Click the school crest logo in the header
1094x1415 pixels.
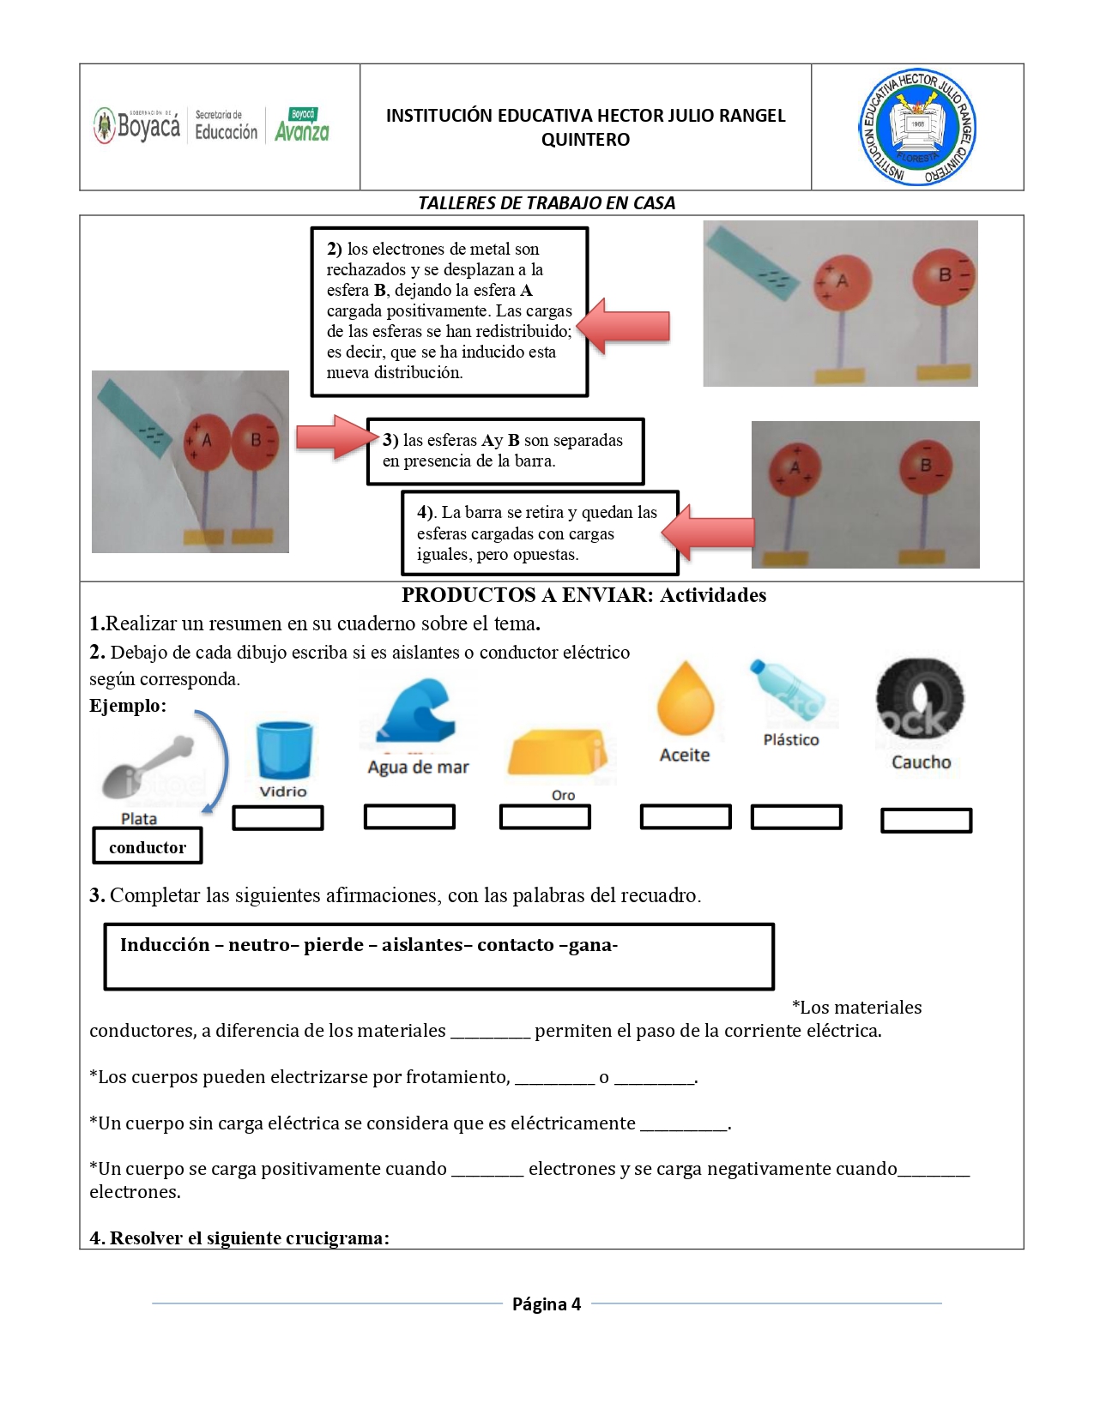(x=917, y=127)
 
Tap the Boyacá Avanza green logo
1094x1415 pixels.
(x=302, y=125)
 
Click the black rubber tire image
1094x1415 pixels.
(x=920, y=698)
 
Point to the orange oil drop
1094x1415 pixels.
(x=685, y=698)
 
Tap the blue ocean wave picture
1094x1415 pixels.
(x=418, y=710)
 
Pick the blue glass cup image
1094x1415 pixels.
(x=284, y=749)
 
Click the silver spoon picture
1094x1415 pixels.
(x=149, y=767)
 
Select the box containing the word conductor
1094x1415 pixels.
(x=148, y=846)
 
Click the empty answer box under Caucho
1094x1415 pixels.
(x=926, y=821)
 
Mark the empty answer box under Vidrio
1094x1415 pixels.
(x=278, y=818)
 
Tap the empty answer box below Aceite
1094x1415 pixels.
(x=686, y=816)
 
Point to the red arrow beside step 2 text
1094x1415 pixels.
(x=624, y=326)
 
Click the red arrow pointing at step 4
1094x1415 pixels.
(x=709, y=533)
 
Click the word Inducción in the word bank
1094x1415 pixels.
(x=165, y=945)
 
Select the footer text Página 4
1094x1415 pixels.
(x=547, y=1304)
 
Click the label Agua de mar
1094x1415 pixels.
(x=418, y=768)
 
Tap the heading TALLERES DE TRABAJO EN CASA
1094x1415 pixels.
(x=547, y=203)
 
